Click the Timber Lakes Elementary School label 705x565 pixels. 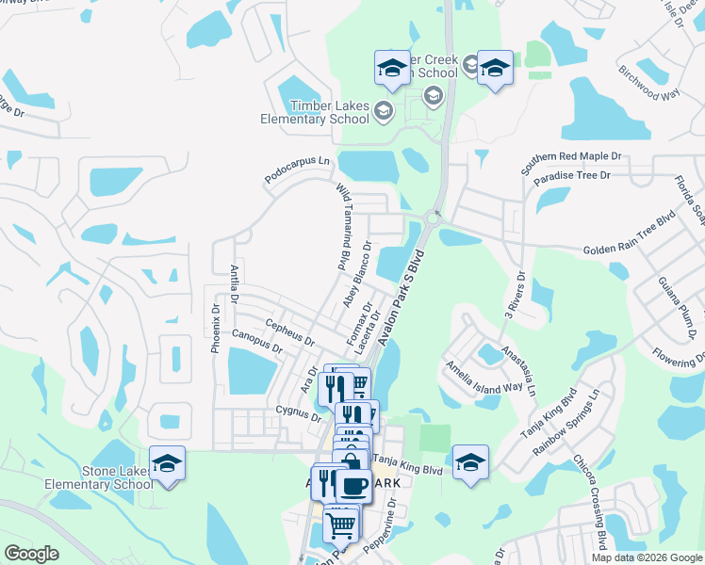tap(316, 113)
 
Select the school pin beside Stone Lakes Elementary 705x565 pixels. tap(168, 463)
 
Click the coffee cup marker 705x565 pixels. tap(353, 486)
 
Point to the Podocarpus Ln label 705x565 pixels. tap(299, 170)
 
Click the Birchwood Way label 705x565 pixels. tap(648, 82)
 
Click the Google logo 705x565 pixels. tap(32, 554)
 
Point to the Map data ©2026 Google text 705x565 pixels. tap(646, 557)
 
